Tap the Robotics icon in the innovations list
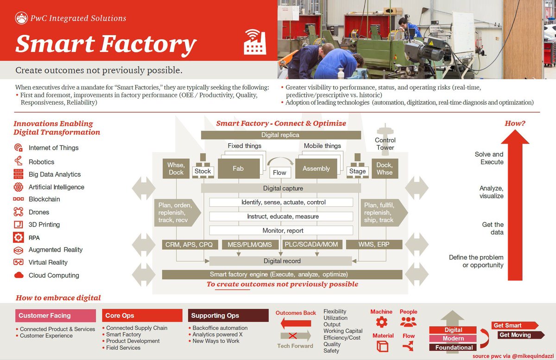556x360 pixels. click(x=19, y=161)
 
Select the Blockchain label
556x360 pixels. click(x=44, y=199)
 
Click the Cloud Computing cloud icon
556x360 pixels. click(x=19, y=275)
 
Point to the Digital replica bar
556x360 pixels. click(x=280, y=135)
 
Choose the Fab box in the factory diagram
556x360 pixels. click(x=238, y=169)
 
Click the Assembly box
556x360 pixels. click(x=316, y=169)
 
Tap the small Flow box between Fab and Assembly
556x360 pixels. click(x=279, y=172)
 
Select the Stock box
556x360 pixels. click(x=202, y=171)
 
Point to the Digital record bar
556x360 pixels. click(x=282, y=261)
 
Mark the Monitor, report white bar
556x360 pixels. click(x=281, y=230)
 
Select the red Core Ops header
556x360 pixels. click(x=142, y=316)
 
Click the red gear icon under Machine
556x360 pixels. click(x=381, y=322)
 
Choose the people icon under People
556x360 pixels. click(x=408, y=322)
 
